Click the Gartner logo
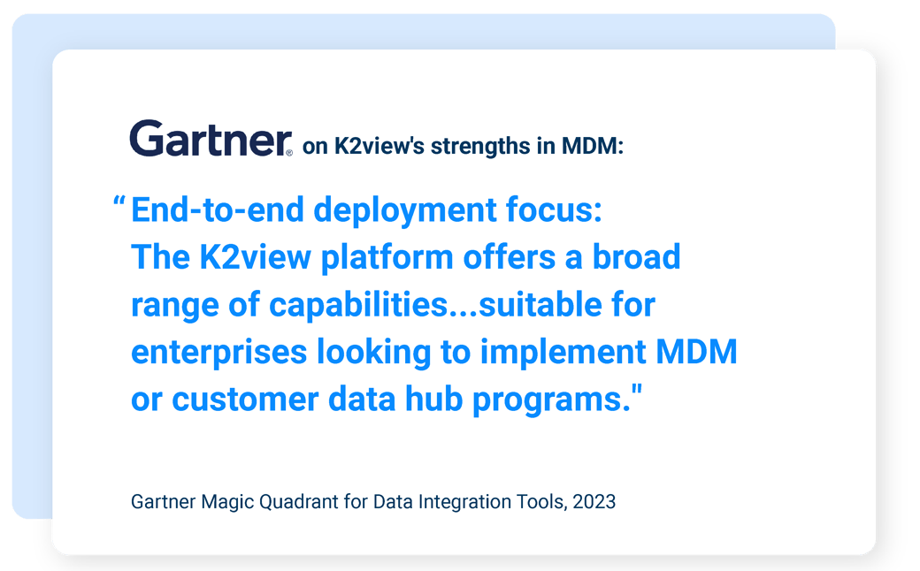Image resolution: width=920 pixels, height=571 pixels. pos(211,140)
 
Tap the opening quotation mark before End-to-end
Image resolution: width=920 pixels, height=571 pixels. pos(119,206)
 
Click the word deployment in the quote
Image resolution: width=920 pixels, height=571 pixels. pos(406,212)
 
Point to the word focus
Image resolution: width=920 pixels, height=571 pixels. pos(550,212)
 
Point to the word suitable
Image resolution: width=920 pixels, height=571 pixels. pos(536,306)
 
